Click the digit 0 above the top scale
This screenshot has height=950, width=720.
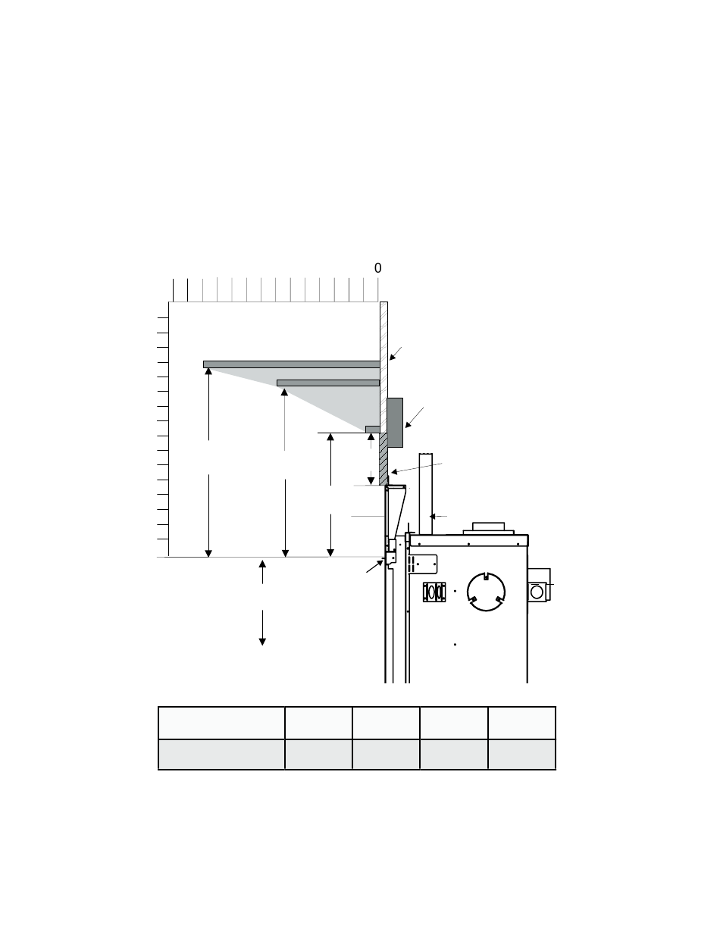(377, 268)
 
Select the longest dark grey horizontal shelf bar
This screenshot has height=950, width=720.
(291, 364)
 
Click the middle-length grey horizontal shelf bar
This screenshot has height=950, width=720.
(328, 383)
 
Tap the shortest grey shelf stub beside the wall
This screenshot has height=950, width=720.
(373, 430)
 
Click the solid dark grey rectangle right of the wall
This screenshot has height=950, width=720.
(395, 423)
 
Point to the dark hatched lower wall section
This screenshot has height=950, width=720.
(383, 459)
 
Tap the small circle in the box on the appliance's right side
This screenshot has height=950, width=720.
(537, 592)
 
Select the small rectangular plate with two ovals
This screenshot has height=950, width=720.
(434, 592)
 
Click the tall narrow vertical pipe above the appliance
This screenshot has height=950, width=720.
(426, 494)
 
